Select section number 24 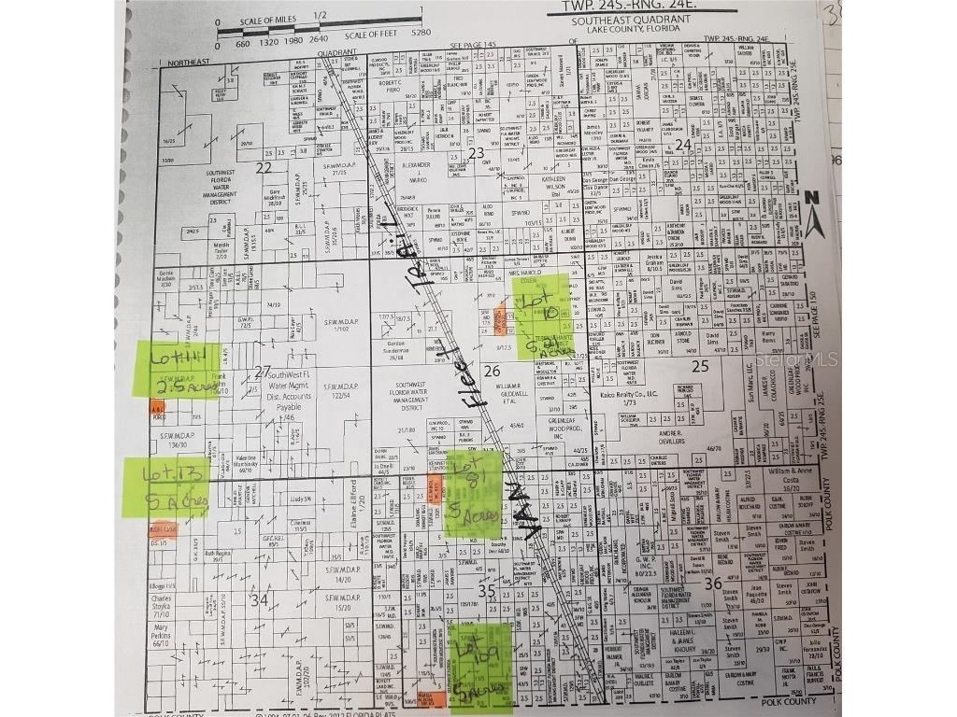682,144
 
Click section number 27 263,371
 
